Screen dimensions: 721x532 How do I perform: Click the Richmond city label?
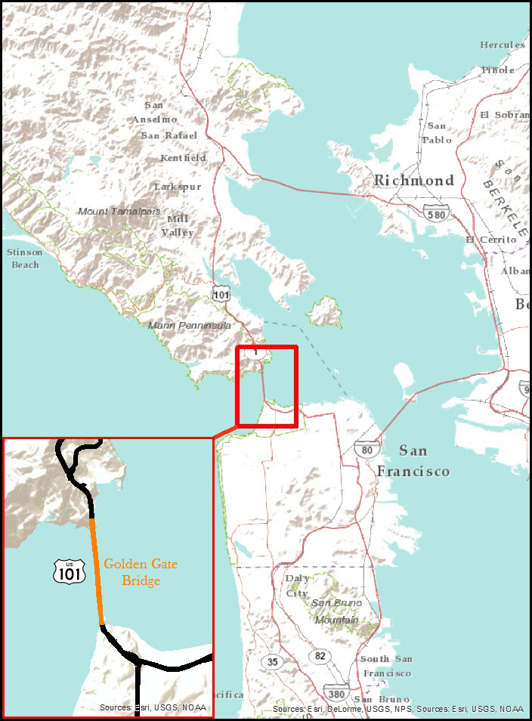click(x=414, y=181)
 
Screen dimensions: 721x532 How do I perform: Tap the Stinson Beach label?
click(x=24, y=258)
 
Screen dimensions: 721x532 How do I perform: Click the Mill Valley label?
click(x=178, y=225)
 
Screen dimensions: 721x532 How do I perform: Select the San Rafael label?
click(x=169, y=135)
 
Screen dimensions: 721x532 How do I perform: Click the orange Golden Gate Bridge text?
click(x=141, y=573)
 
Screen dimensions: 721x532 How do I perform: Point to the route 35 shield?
click(x=272, y=661)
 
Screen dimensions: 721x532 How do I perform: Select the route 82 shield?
click(x=320, y=655)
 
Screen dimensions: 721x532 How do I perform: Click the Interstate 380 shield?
click(x=336, y=692)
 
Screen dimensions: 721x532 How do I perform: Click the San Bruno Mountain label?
click(x=336, y=611)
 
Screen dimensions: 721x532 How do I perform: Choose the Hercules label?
click(x=503, y=45)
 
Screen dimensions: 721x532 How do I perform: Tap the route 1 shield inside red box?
click(x=256, y=352)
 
